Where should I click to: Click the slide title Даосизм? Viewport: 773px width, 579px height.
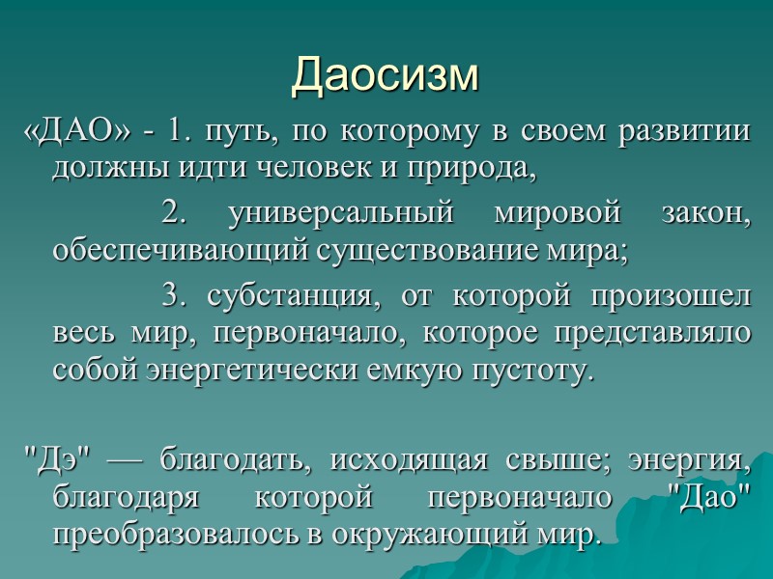pyautogui.click(x=386, y=74)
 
